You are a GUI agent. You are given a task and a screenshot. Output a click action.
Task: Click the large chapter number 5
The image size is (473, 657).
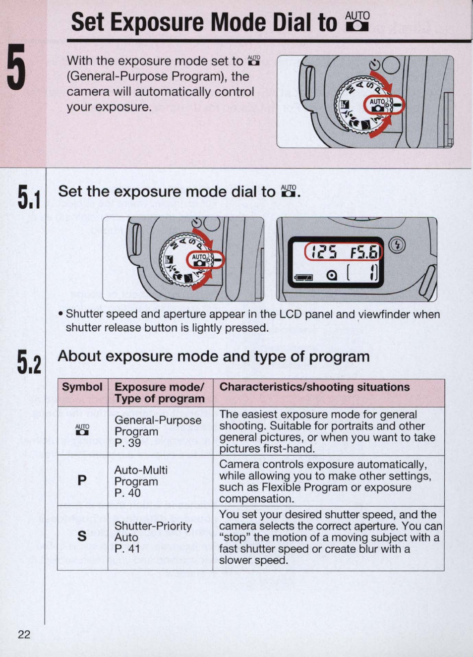pos(16,67)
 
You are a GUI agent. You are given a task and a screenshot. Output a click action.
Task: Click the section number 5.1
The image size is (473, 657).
pos(28,197)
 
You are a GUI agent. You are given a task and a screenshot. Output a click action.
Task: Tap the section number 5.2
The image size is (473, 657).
pos(28,361)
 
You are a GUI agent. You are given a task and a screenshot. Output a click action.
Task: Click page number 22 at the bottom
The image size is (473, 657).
pos(24,634)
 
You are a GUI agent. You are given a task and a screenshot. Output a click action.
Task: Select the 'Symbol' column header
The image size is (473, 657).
pos(82,387)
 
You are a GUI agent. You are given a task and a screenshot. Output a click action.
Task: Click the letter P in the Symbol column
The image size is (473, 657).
pos(82,480)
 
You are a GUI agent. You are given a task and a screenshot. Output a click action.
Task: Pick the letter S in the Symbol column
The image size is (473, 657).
pos(82,536)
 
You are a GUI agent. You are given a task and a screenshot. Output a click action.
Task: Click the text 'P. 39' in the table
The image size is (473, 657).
pos(127,443)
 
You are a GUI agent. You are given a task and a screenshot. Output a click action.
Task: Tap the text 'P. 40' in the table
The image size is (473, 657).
pos(127,493)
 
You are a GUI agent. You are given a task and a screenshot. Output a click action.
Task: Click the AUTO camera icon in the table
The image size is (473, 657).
pos(82,429)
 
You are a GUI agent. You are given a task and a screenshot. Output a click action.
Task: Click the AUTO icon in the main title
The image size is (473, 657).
pos(357,21)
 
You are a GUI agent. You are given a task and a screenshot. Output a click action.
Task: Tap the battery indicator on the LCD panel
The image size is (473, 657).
pos(304,277)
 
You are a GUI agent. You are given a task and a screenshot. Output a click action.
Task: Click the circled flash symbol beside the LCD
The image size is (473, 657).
pos(397,244)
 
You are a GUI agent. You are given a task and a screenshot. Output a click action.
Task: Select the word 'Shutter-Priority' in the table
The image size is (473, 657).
pos(153,526)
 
